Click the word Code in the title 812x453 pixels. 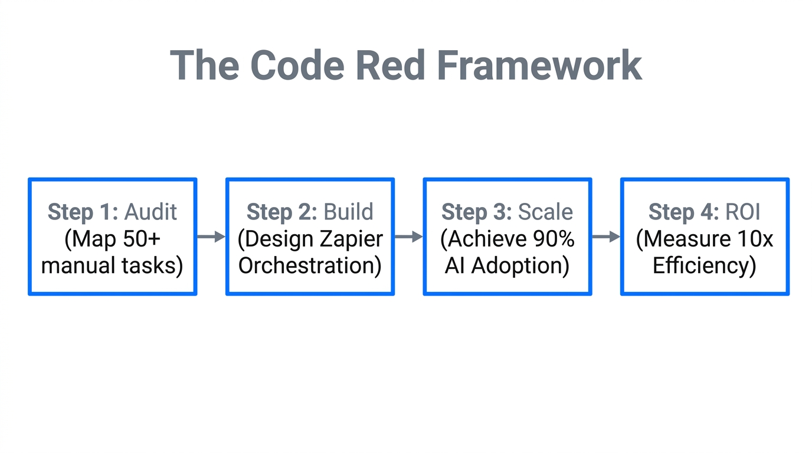[x=297, y=65]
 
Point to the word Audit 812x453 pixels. [x=151, y=212]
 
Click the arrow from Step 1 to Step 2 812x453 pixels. [x=211, y=237]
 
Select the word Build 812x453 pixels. [x=349, y=212]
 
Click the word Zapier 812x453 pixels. [x=351, y=239]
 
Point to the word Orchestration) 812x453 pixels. [x=310, y=265]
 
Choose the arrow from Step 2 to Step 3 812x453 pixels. [x=408, y=237]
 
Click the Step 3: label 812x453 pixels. [x=477, y=212]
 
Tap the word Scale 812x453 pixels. [x=546, y=212]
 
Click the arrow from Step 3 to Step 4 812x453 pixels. [x=605, y=237]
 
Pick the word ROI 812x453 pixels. [x=742, y=212]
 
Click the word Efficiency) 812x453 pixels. [x=705, y=265]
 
